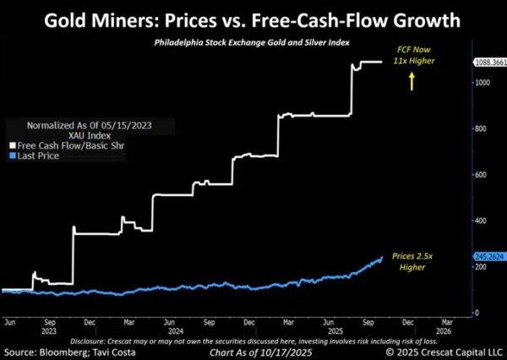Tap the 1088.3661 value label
point(488,62)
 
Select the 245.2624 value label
point(488,256)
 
